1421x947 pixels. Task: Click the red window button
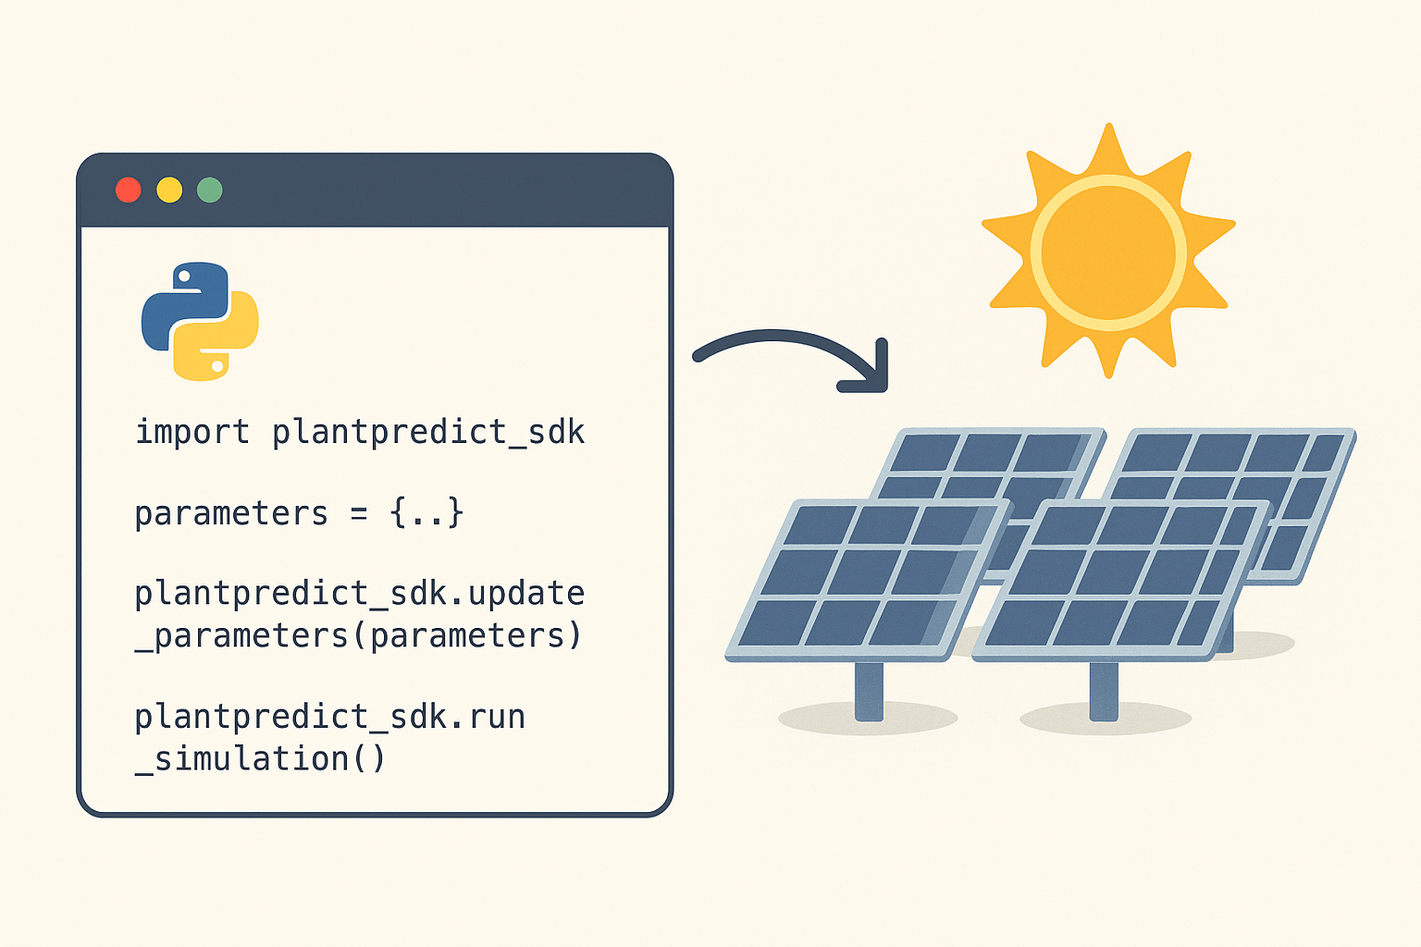coord(129,190)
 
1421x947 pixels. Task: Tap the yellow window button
coord(169,190)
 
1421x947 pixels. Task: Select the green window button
coord(210,190)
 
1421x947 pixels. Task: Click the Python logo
coord(200,321)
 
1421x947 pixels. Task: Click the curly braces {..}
coord(426,512)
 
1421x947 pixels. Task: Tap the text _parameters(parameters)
coord(358,635)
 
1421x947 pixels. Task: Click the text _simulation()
coord(260,758)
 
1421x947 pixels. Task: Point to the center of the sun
coord(1108,252)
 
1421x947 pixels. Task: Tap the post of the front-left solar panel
coord(869,692)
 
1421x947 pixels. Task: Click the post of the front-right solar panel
coord(1104,692)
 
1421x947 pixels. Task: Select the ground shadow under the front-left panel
coord(868,718)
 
